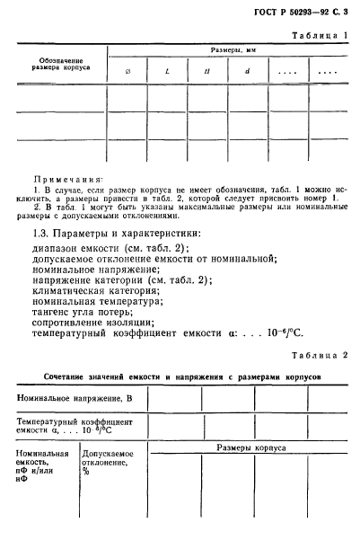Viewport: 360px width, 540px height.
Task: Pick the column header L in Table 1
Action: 168,70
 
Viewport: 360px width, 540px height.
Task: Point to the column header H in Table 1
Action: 206,70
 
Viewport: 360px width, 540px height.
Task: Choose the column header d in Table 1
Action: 246,70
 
